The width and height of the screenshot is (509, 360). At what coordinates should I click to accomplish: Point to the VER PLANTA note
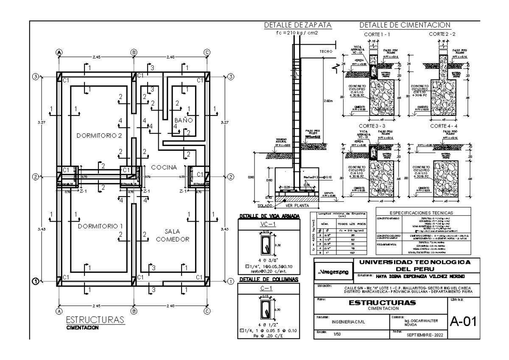296,205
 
